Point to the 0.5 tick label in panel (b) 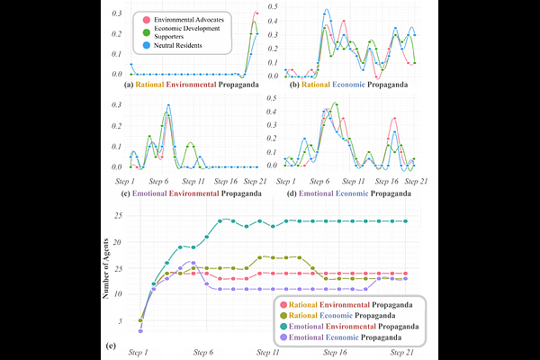tap(274, 6)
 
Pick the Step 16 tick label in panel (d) tap(376, 180)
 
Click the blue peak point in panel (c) tap(167, 106)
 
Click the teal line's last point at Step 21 tap(402, 220)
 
